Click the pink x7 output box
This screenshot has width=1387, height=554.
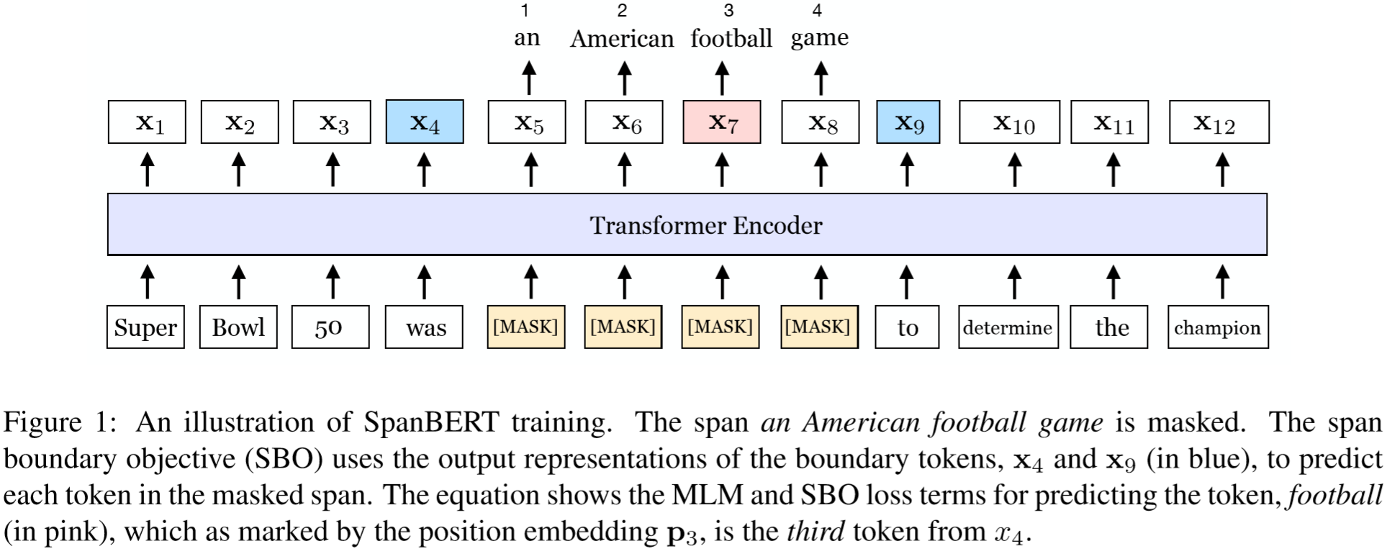(x=721, y=122)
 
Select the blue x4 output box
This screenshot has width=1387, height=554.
(x=425, y=122)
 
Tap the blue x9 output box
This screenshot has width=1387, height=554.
(x=908, y=122)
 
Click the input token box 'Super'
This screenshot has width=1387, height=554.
(x=145, y=327)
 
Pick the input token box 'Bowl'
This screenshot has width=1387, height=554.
(x=238, y=327)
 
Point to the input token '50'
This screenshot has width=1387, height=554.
(x=330, y=327)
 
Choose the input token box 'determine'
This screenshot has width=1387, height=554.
(x=1008, y=327)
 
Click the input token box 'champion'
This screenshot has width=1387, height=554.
(x=1218, y=327)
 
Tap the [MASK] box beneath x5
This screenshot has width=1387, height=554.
(x=525, y=327)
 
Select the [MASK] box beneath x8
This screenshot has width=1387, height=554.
(x=819, y=327)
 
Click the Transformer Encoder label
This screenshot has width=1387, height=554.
(x=705, y=226)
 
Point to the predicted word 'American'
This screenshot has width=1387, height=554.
(x=622, y=38)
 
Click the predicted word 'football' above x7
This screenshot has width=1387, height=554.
(x=731, y=38)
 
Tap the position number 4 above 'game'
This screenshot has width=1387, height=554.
(x=817, y=11)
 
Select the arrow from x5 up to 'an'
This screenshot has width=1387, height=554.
(x=530, y=78)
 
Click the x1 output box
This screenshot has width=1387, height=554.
(x=147, y=122)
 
